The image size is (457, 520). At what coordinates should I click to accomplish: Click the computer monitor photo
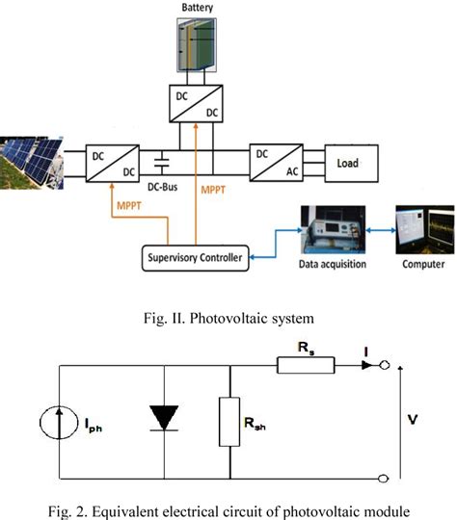tap(423, 232)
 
